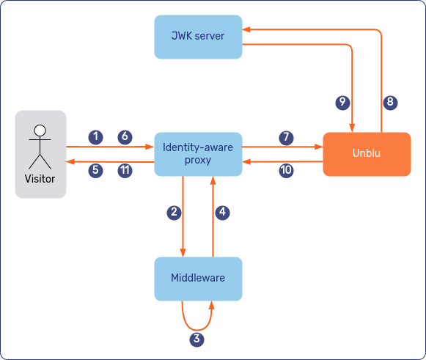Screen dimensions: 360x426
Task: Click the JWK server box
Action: pos(198,37)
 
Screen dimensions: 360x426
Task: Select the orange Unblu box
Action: pos(367,154)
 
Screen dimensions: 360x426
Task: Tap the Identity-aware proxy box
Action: pos(198,154)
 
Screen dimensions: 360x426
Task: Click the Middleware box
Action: pos(198,279)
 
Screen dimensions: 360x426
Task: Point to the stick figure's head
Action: pos(40,131)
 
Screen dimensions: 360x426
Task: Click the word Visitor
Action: pos(40,179)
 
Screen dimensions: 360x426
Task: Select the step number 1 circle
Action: pos(95,136)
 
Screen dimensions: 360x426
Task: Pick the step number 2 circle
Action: pos(175,213)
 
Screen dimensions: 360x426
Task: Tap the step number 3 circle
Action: pos(197,339)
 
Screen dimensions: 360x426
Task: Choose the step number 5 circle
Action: pos(95,170)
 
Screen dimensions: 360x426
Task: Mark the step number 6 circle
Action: pos(125,136)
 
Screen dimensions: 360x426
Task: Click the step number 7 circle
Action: pos(286,137)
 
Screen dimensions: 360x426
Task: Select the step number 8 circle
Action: pos(390,103)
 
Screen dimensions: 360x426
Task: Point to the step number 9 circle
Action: pos(342,103)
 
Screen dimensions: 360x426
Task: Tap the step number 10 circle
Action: pos(286,170)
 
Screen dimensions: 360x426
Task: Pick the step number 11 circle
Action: pos(125,170)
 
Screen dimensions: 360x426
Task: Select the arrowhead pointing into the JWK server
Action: pos(247,30)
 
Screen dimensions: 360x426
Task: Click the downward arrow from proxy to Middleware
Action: pos(183,235)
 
